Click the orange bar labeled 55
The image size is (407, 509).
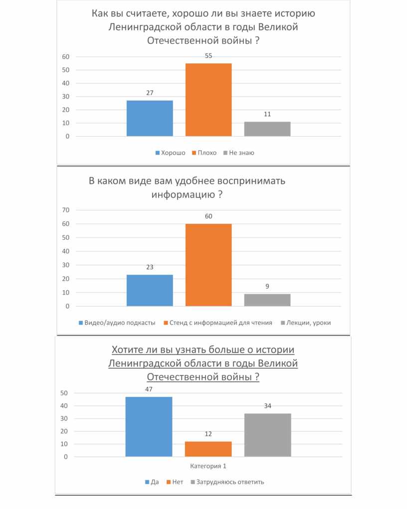pyautogui.click(x=208, y=100)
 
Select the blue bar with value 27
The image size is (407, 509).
pyautogui.click(x=150, y=118)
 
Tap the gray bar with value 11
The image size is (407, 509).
pyautogui.click(x=267, y=129)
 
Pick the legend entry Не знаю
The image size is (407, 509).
pyautogui.click(x=241, y=153)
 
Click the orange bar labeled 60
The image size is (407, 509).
pyautogui.click(x=208, y=265)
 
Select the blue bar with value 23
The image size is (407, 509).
pyautogui.click(x=150, y=290)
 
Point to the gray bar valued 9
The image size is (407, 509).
pyautogui.click(x=267, y=300)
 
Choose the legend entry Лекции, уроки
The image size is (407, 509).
pyautogui.click(x=308, y=323)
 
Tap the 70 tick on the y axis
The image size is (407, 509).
pyautogui.click(x=65, y=210)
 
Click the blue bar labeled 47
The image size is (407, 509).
pyautogui.click(x=149, y=427)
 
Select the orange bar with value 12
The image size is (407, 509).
pyautogui.click(x=208, y=449)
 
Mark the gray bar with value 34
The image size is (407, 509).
pyautogui.click(x=268, y=435)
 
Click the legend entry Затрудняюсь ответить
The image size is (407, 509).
pyautogui.click(x=230, y=482)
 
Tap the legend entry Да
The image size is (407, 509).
pyautogui.click(x=154, y=482)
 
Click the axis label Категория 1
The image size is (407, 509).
pyautogui.click(x=208, y=466)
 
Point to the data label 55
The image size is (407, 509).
pyautogui.click(x=208, y=56)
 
